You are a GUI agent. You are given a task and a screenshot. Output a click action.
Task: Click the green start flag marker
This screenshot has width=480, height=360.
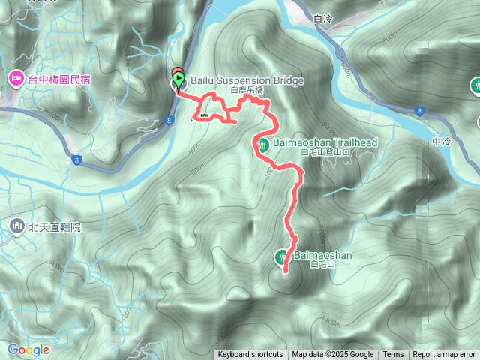(178, 77)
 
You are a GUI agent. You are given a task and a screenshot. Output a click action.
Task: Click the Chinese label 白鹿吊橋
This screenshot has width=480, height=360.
(247, 90)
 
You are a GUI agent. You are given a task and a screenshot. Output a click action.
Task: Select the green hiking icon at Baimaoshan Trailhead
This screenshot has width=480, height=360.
(263, 145)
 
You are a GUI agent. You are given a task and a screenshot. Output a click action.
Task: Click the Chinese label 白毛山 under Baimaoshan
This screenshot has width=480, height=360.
(321, 264)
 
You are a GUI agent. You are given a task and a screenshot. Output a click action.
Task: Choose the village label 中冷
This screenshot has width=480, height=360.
(441, 141)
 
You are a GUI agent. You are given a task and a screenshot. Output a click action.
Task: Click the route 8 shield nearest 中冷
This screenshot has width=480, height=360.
(418, 111)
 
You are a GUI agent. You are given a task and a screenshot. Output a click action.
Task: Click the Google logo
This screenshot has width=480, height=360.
(28, 349)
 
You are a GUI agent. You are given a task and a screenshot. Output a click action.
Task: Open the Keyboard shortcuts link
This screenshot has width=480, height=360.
(250, 355)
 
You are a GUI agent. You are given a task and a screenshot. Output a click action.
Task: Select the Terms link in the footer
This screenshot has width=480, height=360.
(393, 355)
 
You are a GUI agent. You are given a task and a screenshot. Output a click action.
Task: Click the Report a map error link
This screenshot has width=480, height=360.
(444, 355)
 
